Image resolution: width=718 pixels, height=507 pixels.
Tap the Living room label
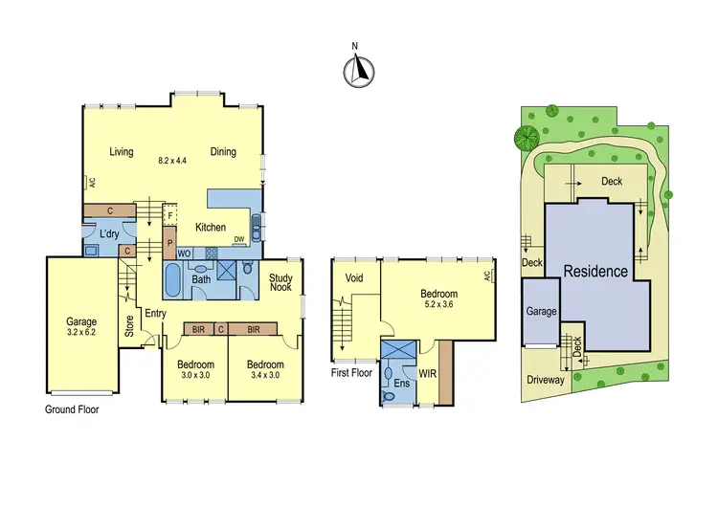tap(121, 151)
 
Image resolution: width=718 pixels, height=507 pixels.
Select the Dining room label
tap(223, 151)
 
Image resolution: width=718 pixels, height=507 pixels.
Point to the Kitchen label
tap(211, 228)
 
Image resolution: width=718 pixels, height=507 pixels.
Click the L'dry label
tap(109, 234)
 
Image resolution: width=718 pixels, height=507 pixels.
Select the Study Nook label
tap(280, 281)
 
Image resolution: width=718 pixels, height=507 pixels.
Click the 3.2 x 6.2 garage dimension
tap(81, 334)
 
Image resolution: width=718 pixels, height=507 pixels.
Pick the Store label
tap(129, 326)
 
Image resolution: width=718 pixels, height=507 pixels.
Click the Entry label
tap(155, 314)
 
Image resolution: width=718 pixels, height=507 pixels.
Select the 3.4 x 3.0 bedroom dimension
tap(264, 376)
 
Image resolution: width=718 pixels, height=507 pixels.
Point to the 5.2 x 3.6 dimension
tap(439, 306)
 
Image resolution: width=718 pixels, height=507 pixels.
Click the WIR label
tap(428, 371)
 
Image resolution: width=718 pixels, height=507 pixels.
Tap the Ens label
tap(400, 383)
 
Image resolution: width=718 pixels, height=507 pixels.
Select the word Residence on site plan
tap(595, 271)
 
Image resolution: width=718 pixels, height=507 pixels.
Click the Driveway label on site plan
tap(546, 379)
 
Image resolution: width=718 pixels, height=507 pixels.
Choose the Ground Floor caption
tap(72, 408)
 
